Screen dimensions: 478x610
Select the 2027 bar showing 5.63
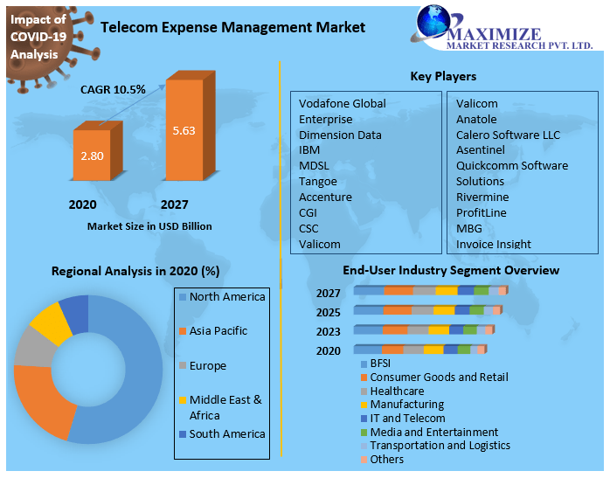point(184,131)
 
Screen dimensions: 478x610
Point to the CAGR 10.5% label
point(113,89)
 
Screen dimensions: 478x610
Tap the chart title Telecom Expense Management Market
point(233,27)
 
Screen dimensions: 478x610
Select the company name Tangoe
point(317,181)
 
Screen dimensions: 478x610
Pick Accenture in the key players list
point(325,197)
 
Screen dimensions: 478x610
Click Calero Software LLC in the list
point(508,135)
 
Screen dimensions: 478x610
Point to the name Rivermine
point(482,197)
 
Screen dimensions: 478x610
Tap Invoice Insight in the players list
point(493,244)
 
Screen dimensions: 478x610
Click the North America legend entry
point(226,297)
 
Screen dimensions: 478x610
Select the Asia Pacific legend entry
point(218,331)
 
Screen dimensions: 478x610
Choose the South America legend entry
point(227,434)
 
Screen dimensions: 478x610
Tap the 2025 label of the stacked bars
point(329,312)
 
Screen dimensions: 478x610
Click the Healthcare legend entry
point(397,391)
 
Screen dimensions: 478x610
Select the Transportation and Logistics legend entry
point(440,446)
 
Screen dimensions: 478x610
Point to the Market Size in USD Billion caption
point(149,226)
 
